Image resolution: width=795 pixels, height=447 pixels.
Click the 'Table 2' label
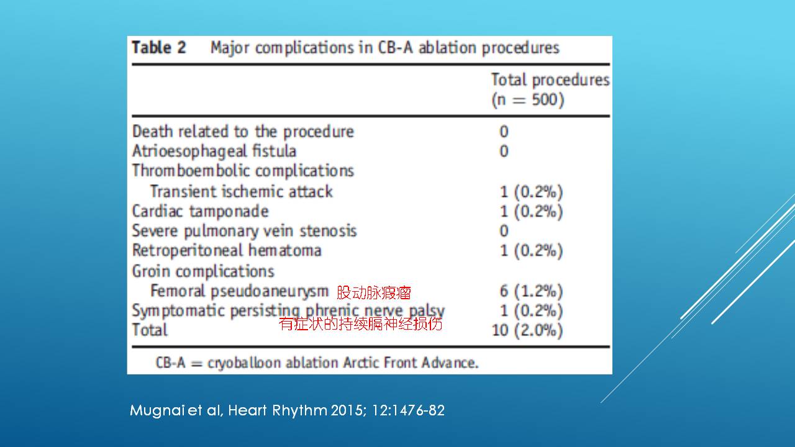[x=158, y=47]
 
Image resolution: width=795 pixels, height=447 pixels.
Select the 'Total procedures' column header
[x=550, y=80]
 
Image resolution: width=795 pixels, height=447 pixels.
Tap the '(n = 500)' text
[x=528, y=100]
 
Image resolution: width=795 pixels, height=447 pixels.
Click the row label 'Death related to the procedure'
[x=243, y=132]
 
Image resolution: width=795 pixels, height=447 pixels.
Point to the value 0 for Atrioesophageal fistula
[x=504, y=151]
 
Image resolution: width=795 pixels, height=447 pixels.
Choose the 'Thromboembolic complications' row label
[x=243, y=171]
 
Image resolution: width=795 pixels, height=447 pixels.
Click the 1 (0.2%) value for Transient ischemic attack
[x=531, y=192]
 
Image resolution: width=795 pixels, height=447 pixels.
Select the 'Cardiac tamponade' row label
[x=200, y=212]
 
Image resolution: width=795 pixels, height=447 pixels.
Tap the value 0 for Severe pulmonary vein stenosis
[x=504, y=231]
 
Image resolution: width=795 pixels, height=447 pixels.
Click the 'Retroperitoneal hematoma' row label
[x=227, y=250]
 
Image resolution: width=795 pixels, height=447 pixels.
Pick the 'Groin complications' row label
[x=203, y=271]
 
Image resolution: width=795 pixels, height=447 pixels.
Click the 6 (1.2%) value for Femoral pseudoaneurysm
[x=531, y=291]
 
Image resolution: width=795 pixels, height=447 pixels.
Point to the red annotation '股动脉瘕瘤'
[x=373, y=292]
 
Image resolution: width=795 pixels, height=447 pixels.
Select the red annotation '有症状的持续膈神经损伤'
[x=361, y=323]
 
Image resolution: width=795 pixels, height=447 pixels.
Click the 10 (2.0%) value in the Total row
[x=527, y=330]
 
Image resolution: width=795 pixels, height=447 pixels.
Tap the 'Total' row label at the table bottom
[x=150, y=330]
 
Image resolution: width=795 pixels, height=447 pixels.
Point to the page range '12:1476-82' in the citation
[x=408, y=410]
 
